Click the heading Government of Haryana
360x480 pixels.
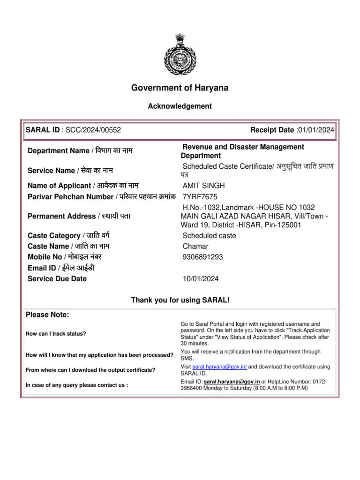click(x=180, y=88)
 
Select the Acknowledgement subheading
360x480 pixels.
click(x=180, y=106)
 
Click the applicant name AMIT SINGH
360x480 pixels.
click(x=203, y=186)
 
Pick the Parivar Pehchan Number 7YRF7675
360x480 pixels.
click(x=200, y=196)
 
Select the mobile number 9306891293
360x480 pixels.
click(x=202, y=257)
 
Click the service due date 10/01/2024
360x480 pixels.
click(x=201, y=279)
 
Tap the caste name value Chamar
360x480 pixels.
click(x=195, y=246)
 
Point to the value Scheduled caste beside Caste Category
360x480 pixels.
click(x=209, y=235)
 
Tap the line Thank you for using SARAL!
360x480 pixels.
click(x=180, y=300)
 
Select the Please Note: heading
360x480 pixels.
click(x=47, y=315)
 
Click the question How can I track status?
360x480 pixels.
click(x=56, y=334)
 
